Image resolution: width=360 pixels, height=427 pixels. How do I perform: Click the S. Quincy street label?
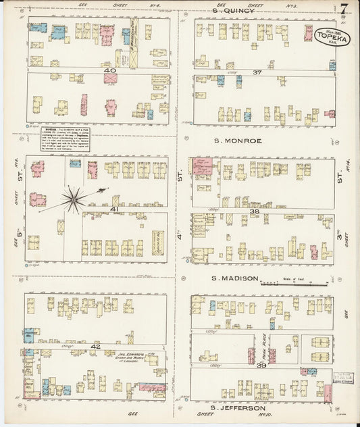click(233, 10)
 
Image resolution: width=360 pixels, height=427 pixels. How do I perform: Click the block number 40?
click(110, 70)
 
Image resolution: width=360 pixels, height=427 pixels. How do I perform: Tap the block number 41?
click(115, 209)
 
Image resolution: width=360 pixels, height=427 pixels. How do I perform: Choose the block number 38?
click(255, 211)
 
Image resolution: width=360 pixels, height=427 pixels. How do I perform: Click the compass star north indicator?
click(73, 199)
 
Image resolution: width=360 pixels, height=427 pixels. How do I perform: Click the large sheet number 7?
click(344, 9)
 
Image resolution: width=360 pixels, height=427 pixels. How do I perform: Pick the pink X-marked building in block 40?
click(110, 78)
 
